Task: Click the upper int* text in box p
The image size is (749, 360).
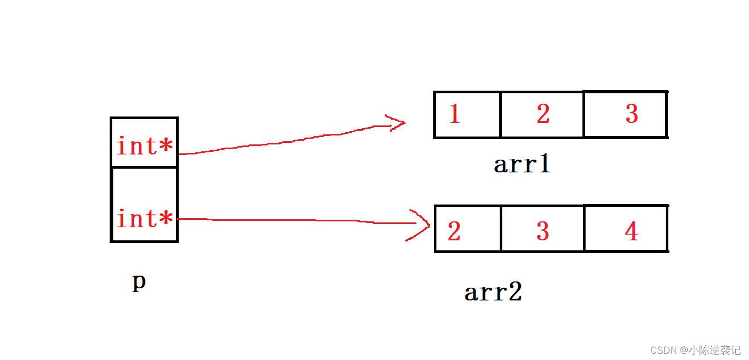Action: [x=144, y=146]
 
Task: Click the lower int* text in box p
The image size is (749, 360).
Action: [x=144, y=218]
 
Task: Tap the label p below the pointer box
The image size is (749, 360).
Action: [x=139, y=283]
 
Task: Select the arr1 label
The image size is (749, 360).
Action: [x=522, y=164]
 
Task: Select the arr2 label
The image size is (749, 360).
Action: [x=493, y=292]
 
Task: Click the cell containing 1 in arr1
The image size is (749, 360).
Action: [x=468, y=114]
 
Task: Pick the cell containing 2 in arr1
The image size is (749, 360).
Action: [x=542, y=114]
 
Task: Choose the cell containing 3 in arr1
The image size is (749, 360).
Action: [x=626, y=114]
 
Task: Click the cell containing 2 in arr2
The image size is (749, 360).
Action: [x=468, y=229]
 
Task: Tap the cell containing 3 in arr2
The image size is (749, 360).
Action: [x=542, y=229]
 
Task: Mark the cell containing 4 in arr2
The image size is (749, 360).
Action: [x=626, y=229]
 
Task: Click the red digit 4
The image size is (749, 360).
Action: [x=631, y=231]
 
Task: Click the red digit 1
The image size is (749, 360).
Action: [x=454, y=114]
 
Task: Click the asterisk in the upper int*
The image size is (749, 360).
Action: [x=167, y=146]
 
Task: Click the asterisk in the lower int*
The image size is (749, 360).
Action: [x=167, y=218]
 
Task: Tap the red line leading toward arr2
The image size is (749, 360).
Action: [x=295, y=220]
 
